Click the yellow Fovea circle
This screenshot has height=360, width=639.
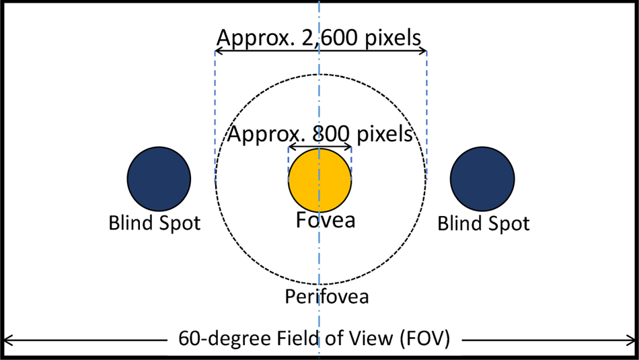(x=319, y=180)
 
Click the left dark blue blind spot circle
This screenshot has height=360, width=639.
(x=159, y=179)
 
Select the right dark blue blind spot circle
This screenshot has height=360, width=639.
(x=482, y=179)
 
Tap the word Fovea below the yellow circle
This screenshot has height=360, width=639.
(x=326, y=219)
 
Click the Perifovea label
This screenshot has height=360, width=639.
(x=327, y=296)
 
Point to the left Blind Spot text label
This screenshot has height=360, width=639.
(x=155, y=223)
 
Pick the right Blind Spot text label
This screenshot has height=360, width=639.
(x=484, y=223)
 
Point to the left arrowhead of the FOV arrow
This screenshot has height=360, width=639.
(x=8, y=338)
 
